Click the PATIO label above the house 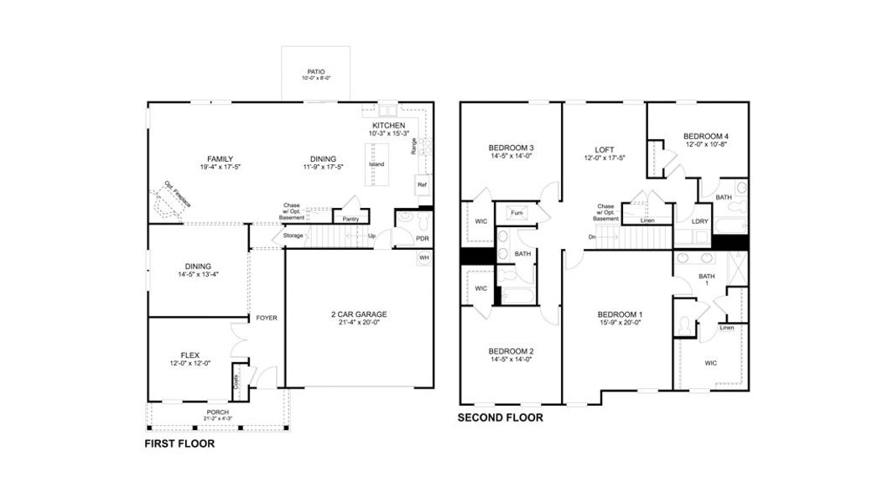[316, 72]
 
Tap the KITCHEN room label [388, 126]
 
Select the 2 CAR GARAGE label [358, 314]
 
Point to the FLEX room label [190, 354]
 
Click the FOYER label [267, 318]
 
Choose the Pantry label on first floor [350, 220]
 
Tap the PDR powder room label [423, 239]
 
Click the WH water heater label [424, 257]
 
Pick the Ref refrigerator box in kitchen [422, 185]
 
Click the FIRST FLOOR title [179, 443]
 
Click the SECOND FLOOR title [500, 417]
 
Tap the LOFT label [605, 150]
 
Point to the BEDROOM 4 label [705, 136]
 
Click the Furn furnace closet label [514, 215]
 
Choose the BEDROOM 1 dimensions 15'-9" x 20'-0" [620, 322]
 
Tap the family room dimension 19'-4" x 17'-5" [221, 168]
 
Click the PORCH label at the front [217, 412]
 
